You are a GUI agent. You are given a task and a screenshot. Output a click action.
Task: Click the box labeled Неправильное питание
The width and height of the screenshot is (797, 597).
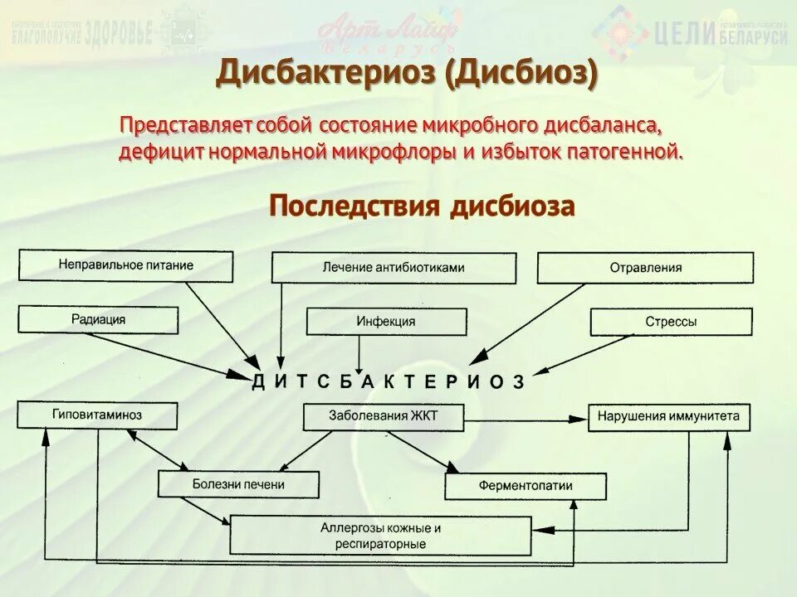tap(126, 265)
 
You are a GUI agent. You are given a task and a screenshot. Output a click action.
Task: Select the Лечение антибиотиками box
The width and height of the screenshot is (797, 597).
tap(394, 268)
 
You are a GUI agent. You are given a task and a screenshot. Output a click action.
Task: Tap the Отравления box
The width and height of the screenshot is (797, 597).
tap(645, 268)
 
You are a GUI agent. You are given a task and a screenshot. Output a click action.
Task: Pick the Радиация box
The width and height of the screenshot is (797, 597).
tap(98, 319)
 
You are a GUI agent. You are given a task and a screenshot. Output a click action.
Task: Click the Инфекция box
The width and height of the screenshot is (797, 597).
tap(386, 322)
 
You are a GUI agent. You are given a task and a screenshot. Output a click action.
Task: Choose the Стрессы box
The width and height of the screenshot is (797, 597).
tap(671, 322)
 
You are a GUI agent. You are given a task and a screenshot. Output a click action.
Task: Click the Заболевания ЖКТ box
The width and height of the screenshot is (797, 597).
tap(382, 416)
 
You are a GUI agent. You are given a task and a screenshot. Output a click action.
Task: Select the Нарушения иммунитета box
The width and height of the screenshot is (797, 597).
tap(668, 416)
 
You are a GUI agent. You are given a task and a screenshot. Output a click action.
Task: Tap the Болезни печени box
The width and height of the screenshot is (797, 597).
tap(238, 484)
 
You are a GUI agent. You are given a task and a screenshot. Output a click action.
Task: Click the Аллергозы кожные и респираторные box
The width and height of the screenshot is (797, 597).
tap(380, 536)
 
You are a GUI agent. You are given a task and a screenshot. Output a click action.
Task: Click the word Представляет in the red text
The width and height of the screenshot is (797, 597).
tap(186, 127)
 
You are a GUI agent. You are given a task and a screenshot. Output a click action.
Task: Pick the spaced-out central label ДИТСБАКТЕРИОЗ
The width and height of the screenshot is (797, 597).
tap(388, 381)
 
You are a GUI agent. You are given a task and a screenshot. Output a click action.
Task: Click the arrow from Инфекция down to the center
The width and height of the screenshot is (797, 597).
tap(359, 352)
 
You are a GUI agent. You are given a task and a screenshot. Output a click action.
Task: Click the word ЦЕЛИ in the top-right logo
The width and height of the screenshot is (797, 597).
tap(684, 34)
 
